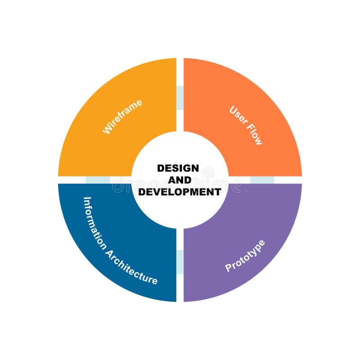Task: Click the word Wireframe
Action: [x=122, y=117]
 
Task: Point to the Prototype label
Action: [x=245, y=256]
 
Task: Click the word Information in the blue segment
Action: [x=95, y=224]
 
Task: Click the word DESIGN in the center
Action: [x=178, y=168]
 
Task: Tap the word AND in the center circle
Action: [x=179, y=180]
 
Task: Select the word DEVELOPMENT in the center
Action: [x=180, y=192]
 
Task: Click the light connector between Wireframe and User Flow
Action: [x=180, y=98]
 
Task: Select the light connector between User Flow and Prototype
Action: [x=262, y=180]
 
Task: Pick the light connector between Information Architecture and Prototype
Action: [x=180, y=262]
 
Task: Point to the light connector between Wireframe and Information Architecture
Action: [x=98, y=180]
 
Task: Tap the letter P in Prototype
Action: [x=228, y=269]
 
